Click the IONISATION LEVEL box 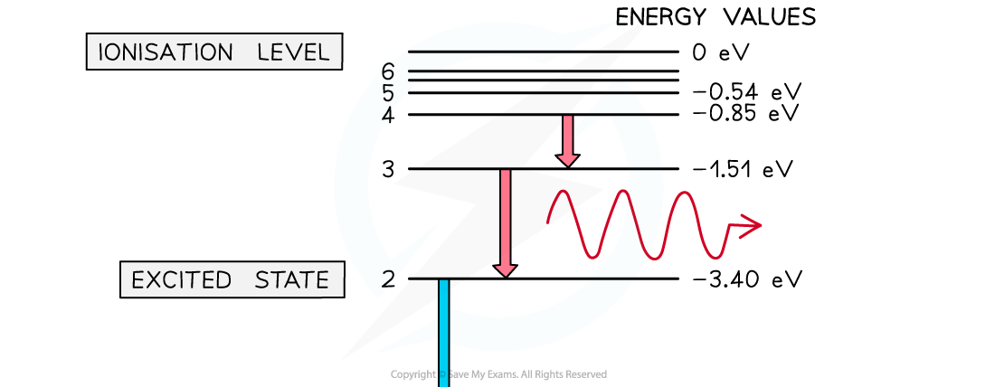[x=214, y=52]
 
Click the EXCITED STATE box [x=232, y=279]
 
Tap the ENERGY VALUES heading [x=715, y=17]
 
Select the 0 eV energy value [x=721, y=52]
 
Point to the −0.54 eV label [x=747, y=92]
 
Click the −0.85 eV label [x=747, y=114]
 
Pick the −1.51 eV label [x=743, y=169]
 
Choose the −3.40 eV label [x=747, y=279]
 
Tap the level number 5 [x=388, y=93]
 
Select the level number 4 [x=388, y=115]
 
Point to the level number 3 [x=388, y=169]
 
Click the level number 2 [x=388, y=279]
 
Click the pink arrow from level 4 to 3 [x=567, y=141]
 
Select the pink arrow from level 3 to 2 [x=505, y=223]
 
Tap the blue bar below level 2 [x=443, y=333]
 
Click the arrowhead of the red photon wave [x=750, y=225]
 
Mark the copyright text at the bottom [x=498, y=374]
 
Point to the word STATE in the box [x=292, y=279]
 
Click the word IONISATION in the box [x=166, y=52]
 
